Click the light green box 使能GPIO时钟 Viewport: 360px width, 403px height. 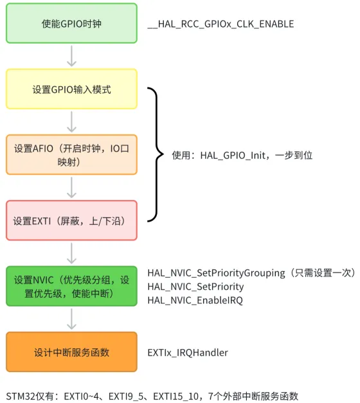click(71, 23)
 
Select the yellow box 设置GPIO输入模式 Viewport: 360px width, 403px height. click(71, 89)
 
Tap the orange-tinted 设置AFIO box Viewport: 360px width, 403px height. click(71, 155)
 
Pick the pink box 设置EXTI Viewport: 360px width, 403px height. click(71, 220)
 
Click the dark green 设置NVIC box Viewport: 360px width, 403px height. click(71, 286)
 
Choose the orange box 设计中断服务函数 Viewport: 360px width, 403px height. click(71, 352)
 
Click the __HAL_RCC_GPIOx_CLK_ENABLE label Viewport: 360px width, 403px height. click(221, 24)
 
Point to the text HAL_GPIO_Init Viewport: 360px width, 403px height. click(233, 156)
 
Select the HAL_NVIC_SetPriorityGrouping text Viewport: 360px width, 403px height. click(216, 273)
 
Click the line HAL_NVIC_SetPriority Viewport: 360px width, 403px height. click(195, 287)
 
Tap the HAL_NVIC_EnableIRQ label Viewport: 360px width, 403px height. click(195, 300)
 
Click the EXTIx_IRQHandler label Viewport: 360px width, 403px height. click(188, 353)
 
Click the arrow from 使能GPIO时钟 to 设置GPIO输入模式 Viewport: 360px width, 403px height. click(71, 57)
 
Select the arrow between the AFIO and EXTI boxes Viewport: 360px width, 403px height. click(71, 188)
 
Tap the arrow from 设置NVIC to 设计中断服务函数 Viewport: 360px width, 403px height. click(71, 319)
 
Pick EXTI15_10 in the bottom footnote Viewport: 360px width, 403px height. click(176, 397)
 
